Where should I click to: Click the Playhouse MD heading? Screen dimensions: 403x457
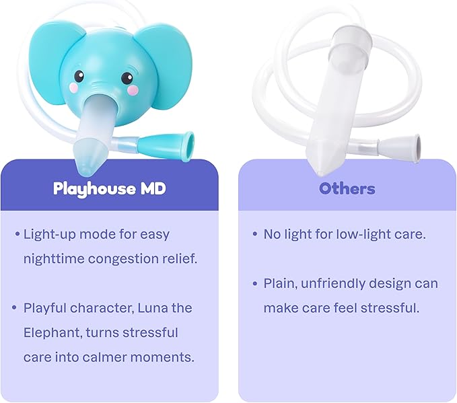(x=109, y=188)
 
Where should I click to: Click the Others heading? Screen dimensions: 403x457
(x=347, y=188)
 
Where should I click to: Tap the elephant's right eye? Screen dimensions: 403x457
(x=127, y=77)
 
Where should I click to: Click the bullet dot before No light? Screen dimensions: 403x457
(x=255, y=234)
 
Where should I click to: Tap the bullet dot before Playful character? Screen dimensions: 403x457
(x=15, y=308)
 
